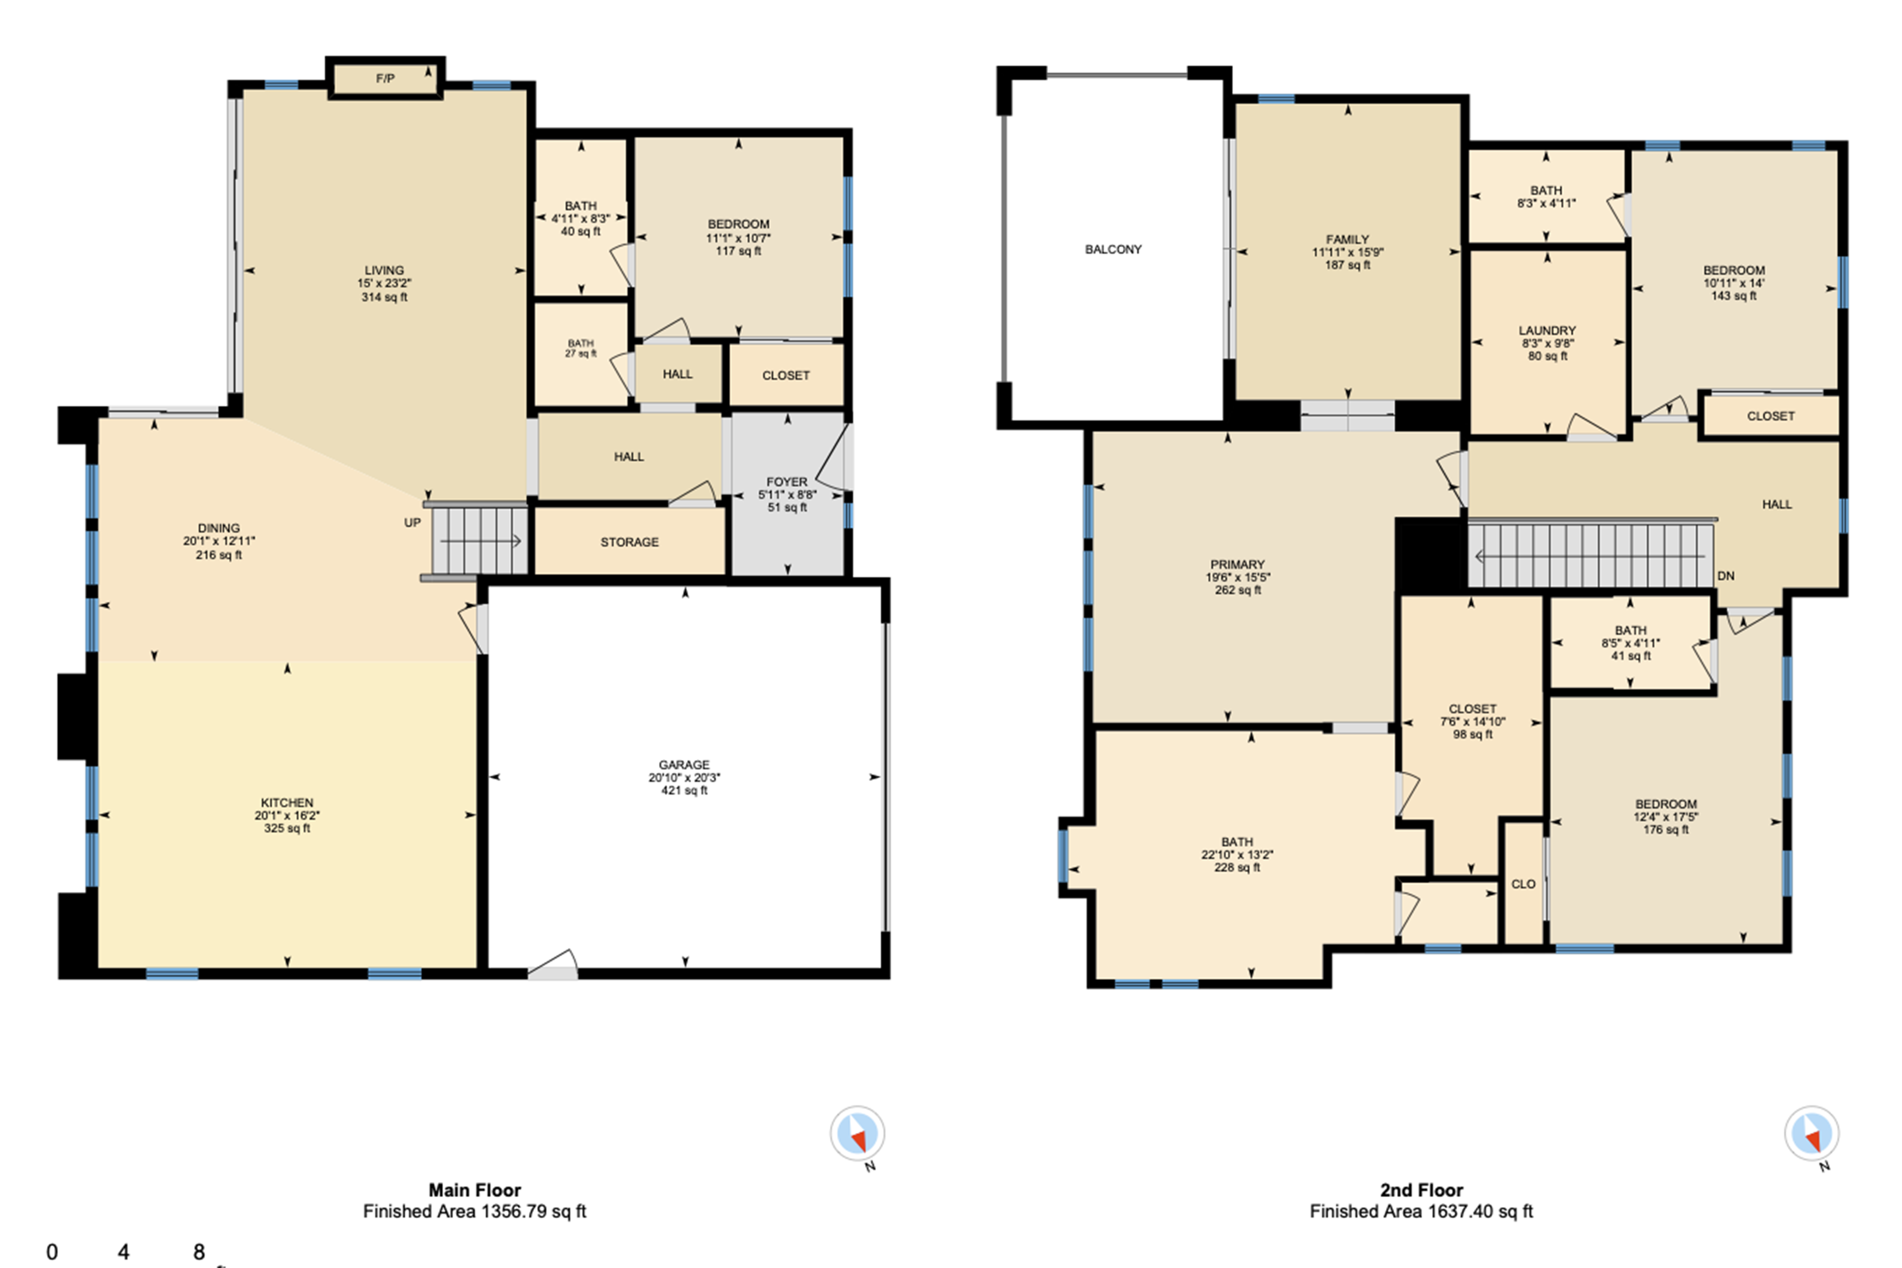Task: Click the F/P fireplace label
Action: [385, 78]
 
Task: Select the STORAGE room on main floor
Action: [629, 542]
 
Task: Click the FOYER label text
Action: [787, 481]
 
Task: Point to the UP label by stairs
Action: [413, 523]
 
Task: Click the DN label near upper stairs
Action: [1725, 576]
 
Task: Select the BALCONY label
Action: [1113, 249]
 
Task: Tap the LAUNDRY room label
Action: [1546, 330]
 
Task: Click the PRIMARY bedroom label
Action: [1237, 564]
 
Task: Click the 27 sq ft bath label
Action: [581, 353]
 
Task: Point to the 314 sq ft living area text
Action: [384, 297]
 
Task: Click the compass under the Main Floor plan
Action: [857, 1133]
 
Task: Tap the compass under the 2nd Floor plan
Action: [1812, 1133]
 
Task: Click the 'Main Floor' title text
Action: [474, 1190]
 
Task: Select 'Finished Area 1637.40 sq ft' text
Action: [1421, 1210]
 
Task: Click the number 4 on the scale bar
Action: [123, 1252]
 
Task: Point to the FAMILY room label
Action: [1347, 239]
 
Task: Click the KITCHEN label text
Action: [287, 802]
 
